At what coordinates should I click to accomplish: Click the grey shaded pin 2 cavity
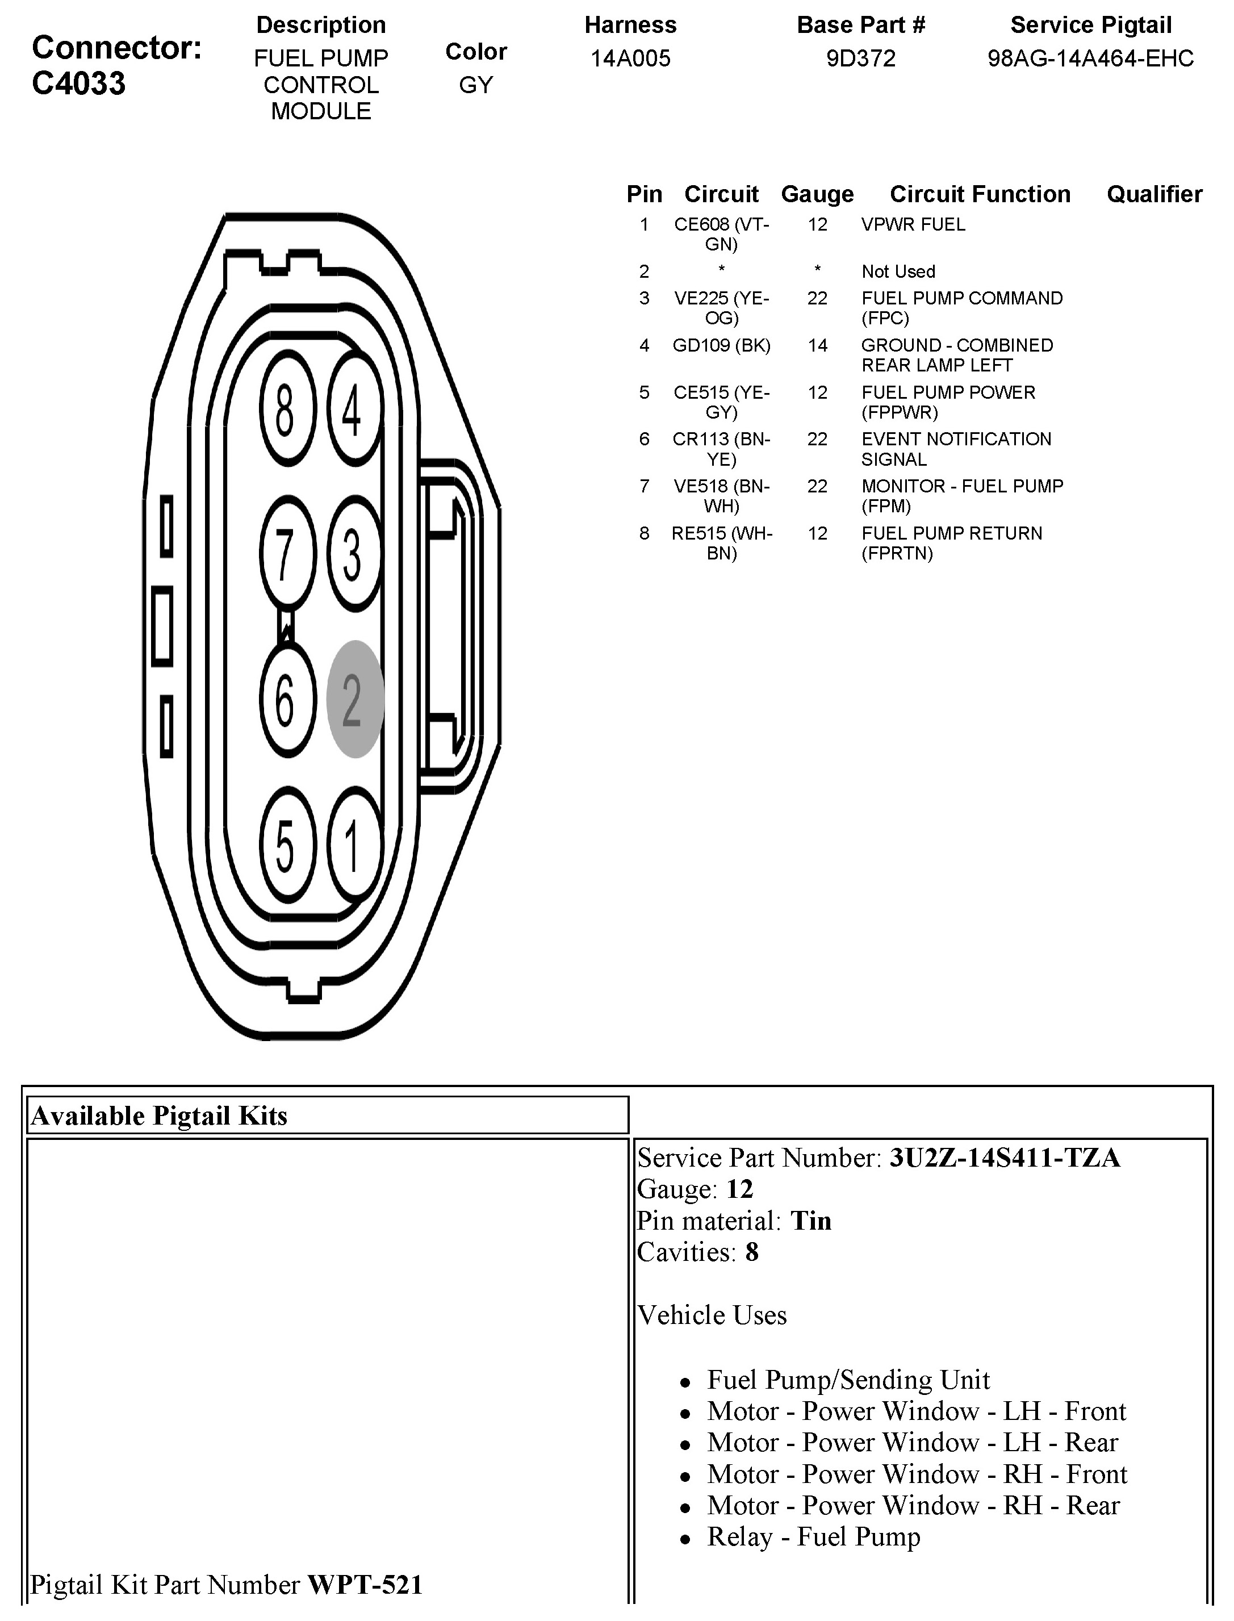355,699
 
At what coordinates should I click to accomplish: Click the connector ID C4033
78,83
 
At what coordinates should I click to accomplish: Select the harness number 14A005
630,59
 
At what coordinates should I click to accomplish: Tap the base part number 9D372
861,59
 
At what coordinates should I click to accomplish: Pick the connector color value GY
476,85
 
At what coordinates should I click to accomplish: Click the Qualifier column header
1154,194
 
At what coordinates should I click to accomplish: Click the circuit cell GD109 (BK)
721,345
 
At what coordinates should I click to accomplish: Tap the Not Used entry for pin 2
898,271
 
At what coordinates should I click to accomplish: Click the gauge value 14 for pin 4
818,345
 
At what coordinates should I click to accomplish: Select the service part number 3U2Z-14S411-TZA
1005,1158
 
